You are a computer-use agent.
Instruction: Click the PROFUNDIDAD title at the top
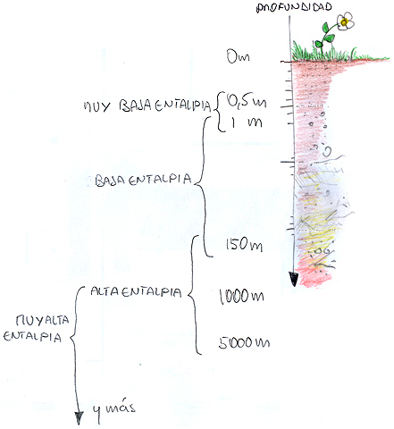pos(294,7)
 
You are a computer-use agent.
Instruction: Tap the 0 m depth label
pos(238,56)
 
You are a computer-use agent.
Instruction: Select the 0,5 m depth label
pos(247,100)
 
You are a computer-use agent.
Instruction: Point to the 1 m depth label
pos(246,122)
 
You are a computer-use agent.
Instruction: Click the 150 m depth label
pos(244,245)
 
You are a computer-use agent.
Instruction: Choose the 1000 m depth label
pos(241,296)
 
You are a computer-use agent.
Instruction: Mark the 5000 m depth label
pos(244,342)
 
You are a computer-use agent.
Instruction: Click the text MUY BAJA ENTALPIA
pos(147,105)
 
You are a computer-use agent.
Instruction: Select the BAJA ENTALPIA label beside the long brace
pos(143,180)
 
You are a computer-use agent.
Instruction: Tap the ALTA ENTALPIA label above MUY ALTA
pos(136,291)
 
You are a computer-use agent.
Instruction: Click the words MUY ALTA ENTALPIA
pos(36,328)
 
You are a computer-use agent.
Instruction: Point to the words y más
pos(113,409)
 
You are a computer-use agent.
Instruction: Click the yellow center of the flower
pos(345,21)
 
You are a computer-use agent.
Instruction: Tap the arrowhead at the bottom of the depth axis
pos(294,279)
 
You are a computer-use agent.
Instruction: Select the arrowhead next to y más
pos(79,418)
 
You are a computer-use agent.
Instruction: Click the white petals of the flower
pos(346,21)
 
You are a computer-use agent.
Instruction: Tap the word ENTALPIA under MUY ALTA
pos(32,337)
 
